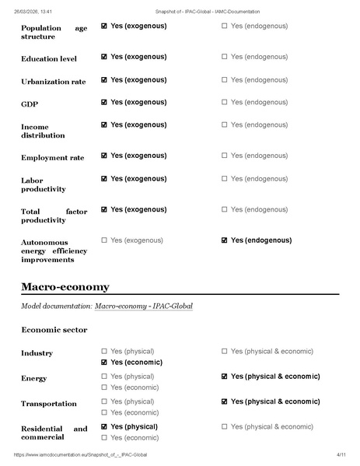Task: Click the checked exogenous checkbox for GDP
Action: click(x=104, y=103)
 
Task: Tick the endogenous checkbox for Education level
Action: click(x=225, y=57)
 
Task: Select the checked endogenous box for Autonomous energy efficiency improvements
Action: click(x=225, y=240)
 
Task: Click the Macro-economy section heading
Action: click(x=65, y=287)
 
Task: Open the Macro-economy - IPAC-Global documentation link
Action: click(x=144, y=306)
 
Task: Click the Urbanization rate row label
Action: click(x=54, y=81)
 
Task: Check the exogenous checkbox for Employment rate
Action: click(x=104, y=156)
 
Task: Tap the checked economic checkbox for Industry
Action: click(x=104, y=363)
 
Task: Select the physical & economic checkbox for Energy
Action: click(x=225, y=377)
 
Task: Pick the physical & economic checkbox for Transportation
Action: click(x=225, y=401)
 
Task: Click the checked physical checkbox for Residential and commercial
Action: click(x=104, y=427)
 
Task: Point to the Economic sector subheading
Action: click(x=54, y=330)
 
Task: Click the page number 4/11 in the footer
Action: click(x=340, y=454)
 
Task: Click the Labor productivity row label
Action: click(x=44, y=184)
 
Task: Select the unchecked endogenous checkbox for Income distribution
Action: click(x=225, y=125)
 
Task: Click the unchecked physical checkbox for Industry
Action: click(x=104, y=352)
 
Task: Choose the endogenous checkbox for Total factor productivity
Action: click(x=225, y=210)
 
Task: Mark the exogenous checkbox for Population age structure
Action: click(x=104, y=26)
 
